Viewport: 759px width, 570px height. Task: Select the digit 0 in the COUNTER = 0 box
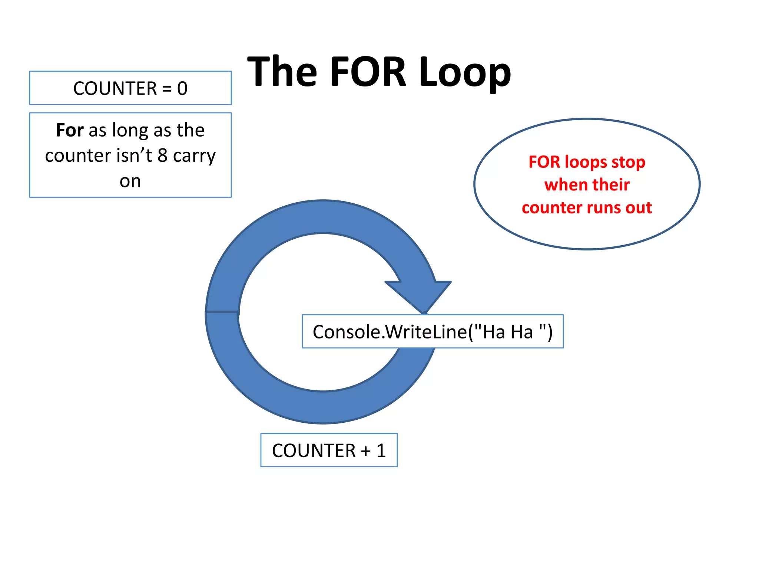182,88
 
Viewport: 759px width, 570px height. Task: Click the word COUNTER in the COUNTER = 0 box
115,88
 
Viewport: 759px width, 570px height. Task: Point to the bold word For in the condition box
70,130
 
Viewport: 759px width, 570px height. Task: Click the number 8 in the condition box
162,155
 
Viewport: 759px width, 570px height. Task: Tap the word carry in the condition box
194,156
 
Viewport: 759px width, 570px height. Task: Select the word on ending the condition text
130,181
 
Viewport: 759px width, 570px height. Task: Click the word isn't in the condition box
134,155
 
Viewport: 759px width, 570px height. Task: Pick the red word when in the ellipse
561,184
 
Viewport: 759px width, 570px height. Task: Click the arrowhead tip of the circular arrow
424,312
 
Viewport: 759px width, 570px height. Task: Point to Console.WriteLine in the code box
390,332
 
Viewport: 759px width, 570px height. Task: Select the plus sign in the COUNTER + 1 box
366,451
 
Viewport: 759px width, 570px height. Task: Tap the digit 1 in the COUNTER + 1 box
381,451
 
